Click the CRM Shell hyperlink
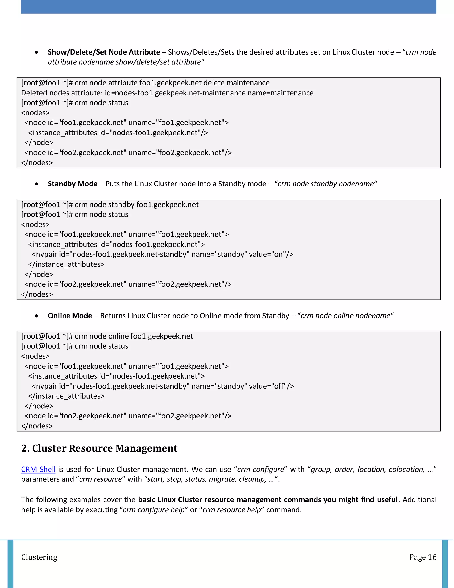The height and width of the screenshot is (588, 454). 38,469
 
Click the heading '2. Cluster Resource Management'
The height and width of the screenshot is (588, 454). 99,448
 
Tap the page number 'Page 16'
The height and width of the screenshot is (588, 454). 423,557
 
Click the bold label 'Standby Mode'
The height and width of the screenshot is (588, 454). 73,184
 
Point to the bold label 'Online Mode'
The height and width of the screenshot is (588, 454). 70,316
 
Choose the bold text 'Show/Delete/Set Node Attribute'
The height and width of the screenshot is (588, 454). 104,52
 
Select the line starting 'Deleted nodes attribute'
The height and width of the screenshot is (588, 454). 167,93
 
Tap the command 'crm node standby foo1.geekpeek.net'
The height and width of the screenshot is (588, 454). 136,205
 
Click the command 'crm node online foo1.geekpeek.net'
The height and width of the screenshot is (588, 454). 134,336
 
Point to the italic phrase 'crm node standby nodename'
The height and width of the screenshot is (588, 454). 325,184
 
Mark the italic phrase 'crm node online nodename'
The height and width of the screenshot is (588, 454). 345,316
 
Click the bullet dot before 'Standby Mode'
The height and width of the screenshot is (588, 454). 36,184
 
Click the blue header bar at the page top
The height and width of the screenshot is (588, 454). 229,6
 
